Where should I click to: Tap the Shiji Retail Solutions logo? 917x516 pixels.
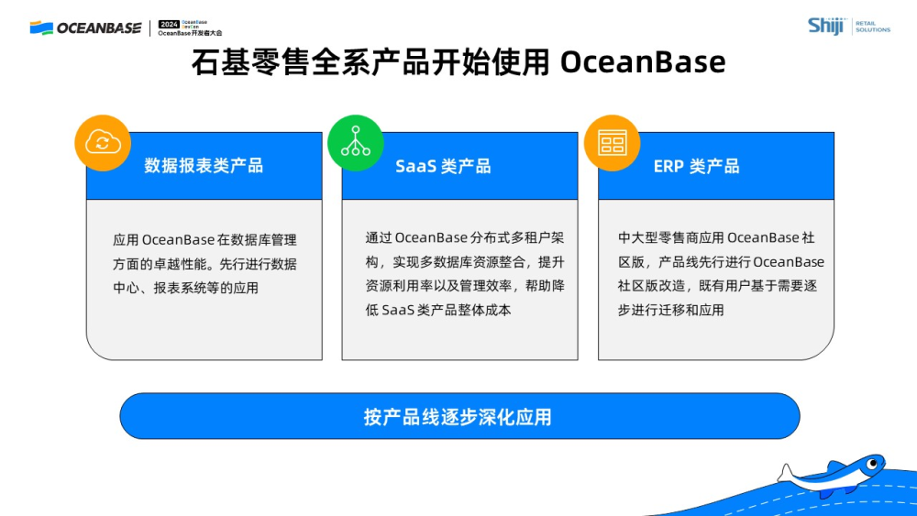click(848, 26)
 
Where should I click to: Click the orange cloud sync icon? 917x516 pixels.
click(103, 142)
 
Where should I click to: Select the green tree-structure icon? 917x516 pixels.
click(356, 142)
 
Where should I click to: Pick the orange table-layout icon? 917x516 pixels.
click(612, 142)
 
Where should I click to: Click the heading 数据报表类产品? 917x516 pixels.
click(204, 166)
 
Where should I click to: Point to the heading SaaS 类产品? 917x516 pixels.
click(443, 166)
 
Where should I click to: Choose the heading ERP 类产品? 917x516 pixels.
click(696, 166)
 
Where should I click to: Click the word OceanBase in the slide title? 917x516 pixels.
click(642, 62)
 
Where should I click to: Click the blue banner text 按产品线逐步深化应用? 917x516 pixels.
click(458, 417)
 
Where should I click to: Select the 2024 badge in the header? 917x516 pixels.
click(169, 24)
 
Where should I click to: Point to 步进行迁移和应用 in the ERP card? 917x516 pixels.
click(671, 310)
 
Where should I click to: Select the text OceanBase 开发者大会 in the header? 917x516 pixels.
click(190, 33)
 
